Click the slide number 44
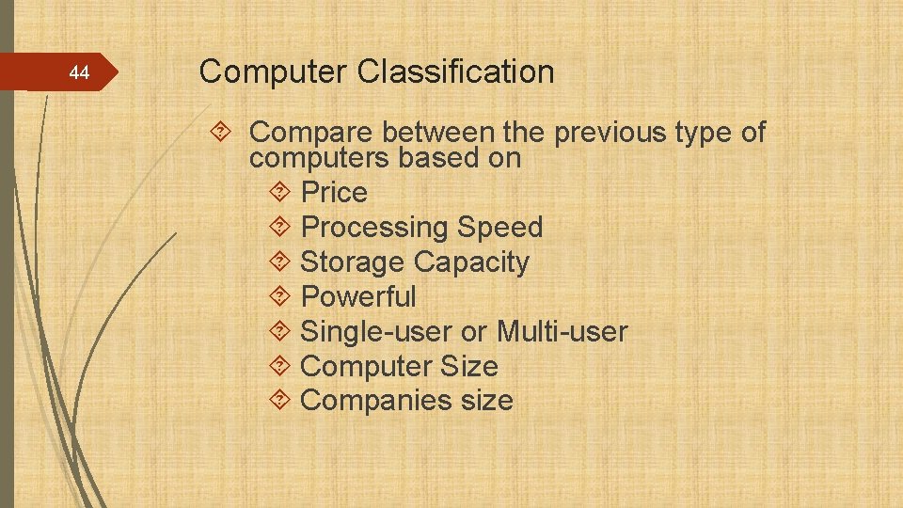click(x=80, y=72)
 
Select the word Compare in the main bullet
click(x=308, y=134)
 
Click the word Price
click(x=334, y=193)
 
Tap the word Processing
click(x=374, y=228)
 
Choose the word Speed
click(x=500, y=228)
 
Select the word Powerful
click(x=357, y=296)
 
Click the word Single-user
click(x=376, y=331)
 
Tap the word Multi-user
click(x=562, y=331)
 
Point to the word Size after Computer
click(x=467, y=366)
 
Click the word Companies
click(x=376, y=400)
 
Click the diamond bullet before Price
click(x=279, y=193)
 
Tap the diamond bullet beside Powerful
click(x=279, y=297)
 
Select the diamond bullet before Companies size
click(x=279, y=401)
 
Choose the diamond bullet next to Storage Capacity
click(x=279, y=262)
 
